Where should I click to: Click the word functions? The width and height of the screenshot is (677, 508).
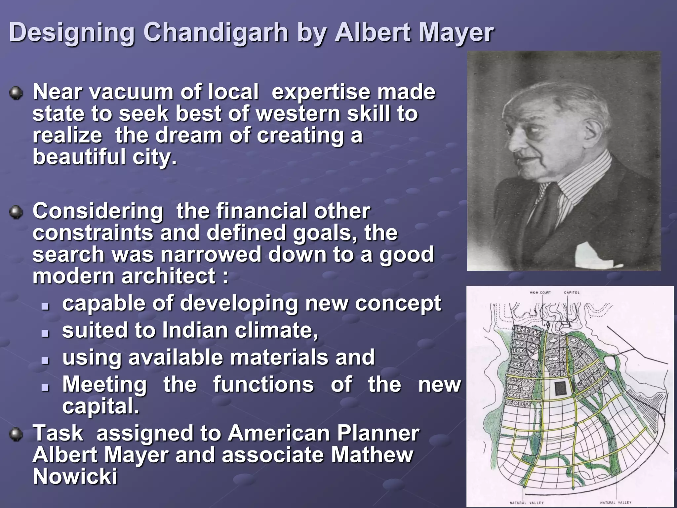click(x=263, y=385)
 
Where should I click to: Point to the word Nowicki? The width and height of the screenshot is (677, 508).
click(x=75, y=477)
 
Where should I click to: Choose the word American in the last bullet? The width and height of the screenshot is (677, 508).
click(x=279, y=433)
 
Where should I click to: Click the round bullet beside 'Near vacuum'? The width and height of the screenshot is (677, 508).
click(x=16, y=93)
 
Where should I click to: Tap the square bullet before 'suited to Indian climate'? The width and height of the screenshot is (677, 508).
click(x=46, y=333)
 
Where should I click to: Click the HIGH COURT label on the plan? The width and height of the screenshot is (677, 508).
click(x=540, y=292)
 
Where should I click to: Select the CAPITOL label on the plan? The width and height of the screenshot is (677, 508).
click(x=572, y=292)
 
